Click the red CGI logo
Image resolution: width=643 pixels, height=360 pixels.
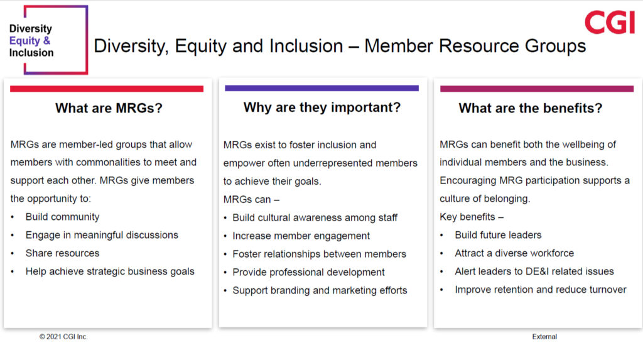coord(610,22)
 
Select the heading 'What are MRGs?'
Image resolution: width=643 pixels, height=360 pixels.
coord(109,108)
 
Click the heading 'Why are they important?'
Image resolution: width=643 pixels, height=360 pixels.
coord(322,107)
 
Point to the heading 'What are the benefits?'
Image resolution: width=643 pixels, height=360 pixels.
coord(530,108)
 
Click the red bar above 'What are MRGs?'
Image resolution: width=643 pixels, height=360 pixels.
coord(107,89)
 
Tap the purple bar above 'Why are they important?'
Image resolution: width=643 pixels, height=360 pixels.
coord(322,88)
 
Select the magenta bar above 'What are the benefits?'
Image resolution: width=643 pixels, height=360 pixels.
coord(537,89)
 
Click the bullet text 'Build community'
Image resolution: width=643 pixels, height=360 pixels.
coord(62,217)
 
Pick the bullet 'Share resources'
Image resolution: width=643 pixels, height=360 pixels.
coord(62,253)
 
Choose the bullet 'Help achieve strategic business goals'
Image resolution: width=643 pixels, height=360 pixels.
coord(110,271)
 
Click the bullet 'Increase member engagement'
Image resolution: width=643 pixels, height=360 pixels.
coord(301,236)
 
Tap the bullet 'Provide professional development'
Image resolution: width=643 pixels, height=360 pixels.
coord(308,272)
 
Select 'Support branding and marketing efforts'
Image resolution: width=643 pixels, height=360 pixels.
coord(320,291)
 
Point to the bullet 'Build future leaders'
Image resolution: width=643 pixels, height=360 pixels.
coord(498,235)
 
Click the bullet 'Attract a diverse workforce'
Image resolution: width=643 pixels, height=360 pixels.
coord(514,253)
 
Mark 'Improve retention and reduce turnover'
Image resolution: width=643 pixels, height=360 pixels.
coord(541,290)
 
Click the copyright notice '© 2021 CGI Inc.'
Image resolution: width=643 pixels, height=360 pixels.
coord(63,337)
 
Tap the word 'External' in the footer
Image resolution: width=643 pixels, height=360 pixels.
coord(544,337)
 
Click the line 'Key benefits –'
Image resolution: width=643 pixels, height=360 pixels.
coord(472,217)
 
